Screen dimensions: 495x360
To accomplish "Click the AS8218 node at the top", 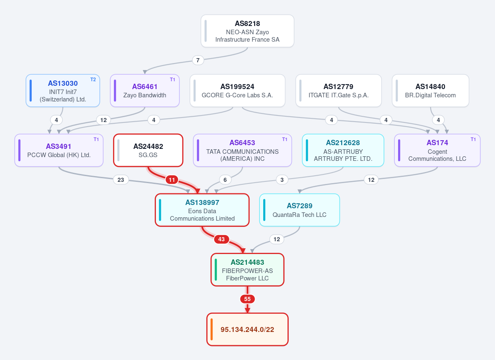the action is (x=247, y=31).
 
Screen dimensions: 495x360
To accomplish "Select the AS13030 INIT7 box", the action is (x=63, y=91).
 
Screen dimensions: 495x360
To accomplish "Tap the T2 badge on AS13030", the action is (x=93, y=80).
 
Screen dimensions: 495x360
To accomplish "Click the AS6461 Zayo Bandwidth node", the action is (x=145, y=91).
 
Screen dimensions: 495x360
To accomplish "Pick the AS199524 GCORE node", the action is (x=237, y=91).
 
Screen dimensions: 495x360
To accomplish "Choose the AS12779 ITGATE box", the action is (x=338, y=91).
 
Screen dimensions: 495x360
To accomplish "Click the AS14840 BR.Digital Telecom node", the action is (x=430, y=91).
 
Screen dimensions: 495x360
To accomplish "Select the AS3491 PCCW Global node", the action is (x=59, y=150).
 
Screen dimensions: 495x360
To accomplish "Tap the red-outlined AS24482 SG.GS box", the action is (x=148, y=150).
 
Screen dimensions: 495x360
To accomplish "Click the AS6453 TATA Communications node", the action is (x=243, y=150).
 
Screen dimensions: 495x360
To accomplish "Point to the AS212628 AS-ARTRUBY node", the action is (x=343, y=150).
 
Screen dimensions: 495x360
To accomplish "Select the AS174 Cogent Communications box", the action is (x=437, y=150).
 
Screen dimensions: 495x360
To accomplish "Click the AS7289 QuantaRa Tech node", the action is (x=299, y=210).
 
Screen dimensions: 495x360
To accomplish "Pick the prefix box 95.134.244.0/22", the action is (x=247, y=329).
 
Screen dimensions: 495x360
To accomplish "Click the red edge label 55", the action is (x=247, y=299).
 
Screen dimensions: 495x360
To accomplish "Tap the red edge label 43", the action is (x=221, y=239).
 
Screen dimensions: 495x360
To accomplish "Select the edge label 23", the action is (x=120, y=180).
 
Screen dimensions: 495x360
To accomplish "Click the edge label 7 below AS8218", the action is (x=198, y=60).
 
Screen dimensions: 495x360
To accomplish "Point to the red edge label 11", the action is (x=172, y=180).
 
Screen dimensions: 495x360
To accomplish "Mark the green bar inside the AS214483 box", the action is (x=216, y=270).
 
